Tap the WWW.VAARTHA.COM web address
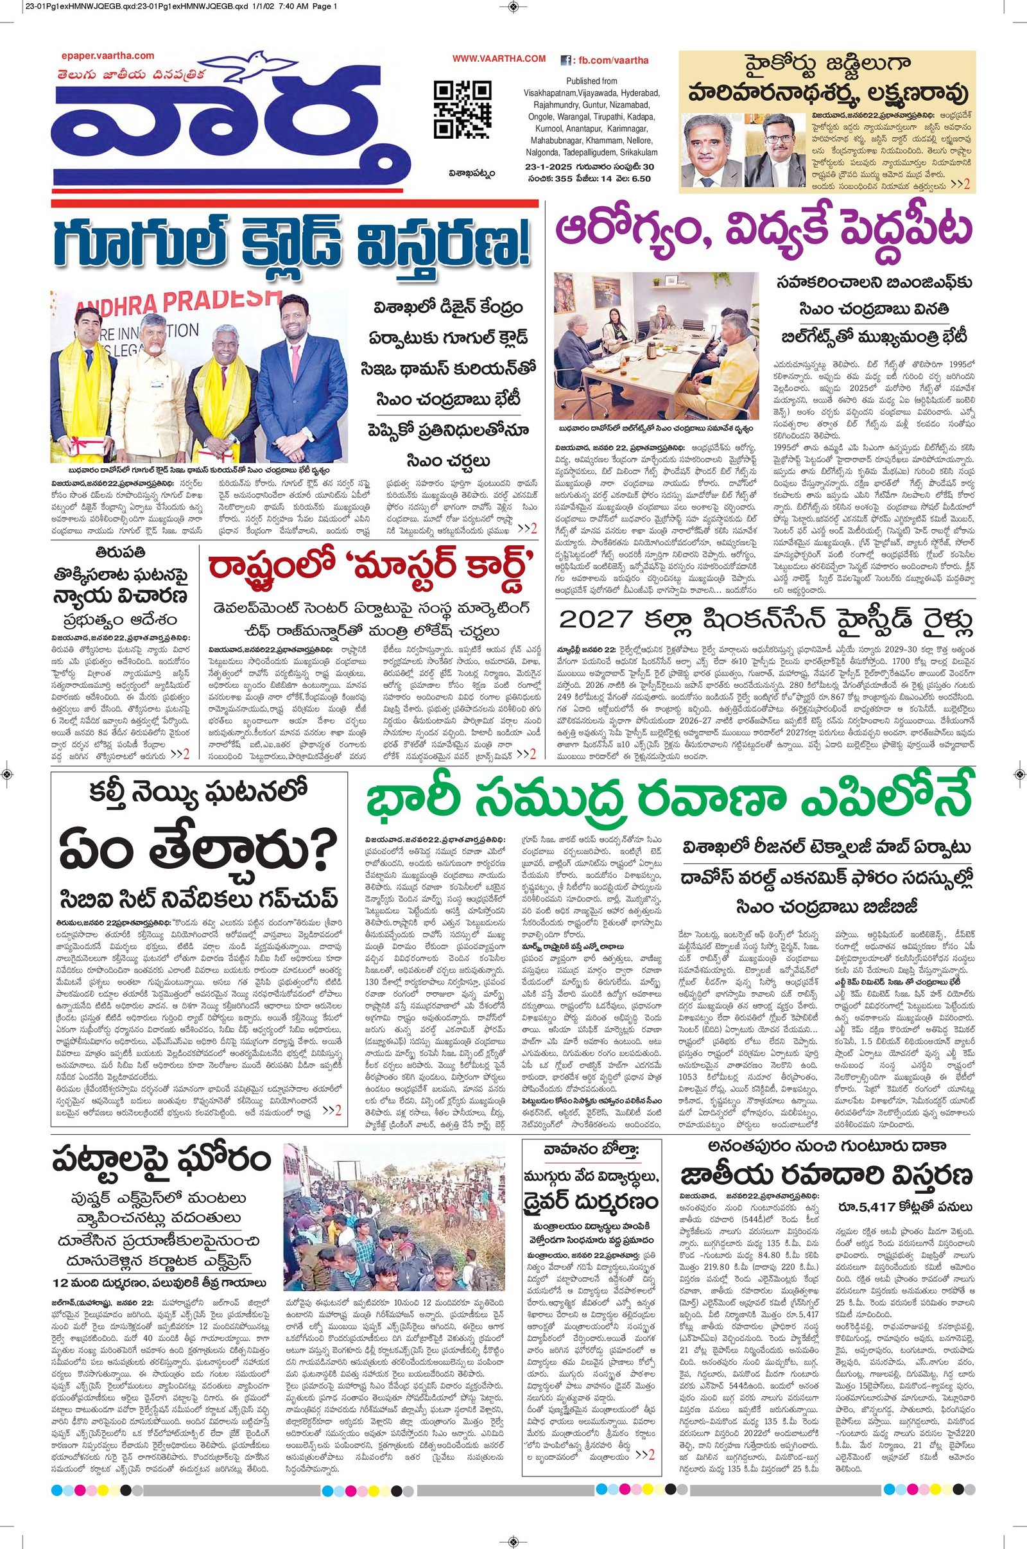point(499,59)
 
